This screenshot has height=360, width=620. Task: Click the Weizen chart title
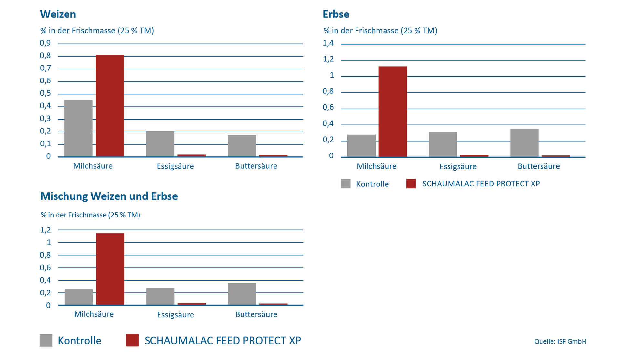pos(58,14)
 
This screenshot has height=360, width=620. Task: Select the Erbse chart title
pos(336,14)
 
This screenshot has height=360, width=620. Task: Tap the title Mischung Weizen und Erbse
pos(109,196)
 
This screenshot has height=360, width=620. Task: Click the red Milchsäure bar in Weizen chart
pos(110,106)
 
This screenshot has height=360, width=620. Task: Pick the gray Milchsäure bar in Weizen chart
pos(78,128)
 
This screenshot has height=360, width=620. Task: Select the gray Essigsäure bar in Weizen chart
pos(160,144)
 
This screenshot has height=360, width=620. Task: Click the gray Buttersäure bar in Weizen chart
pos(242,146)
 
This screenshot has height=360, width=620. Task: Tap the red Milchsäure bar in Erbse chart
pos(393,111)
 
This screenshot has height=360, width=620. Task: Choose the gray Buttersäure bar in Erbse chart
pos(524,143)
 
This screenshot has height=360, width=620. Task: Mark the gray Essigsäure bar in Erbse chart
pos(443,144)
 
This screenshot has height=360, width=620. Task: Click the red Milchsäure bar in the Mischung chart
pos(110,269)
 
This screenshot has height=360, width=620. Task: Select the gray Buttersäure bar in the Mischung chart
pos(242,294)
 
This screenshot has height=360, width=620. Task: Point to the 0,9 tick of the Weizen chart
pos(46,43)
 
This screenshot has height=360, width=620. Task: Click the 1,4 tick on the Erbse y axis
pos(328,43)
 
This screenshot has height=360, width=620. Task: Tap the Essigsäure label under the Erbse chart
pos(458,166)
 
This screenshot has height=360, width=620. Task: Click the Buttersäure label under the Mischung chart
pos(256,314)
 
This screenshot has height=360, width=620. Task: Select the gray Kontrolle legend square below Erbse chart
pos(346,184)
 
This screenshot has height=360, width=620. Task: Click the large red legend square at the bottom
pos(132,340)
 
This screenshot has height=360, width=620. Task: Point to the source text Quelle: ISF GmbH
pos(560,341)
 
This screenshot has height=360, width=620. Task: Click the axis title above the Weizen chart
pos(97,31)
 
